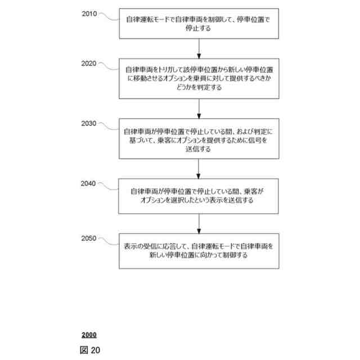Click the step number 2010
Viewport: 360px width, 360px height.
tap(89, 13)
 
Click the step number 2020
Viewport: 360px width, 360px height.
tap(89, 63)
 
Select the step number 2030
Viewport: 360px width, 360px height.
tap(89, 123)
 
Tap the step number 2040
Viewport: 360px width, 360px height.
tap(89, 183)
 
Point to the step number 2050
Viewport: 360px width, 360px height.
tap(89, 238)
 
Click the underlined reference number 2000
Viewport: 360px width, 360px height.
tap(88, 335)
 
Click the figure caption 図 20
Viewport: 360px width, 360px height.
tap(90, 350)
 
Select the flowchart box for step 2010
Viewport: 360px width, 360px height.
tap(199, 24)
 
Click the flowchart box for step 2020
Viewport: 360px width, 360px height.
tap(199, 78)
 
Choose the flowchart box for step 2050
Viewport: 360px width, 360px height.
tap(199, 250)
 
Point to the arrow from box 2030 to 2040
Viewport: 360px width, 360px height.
tap(199, 168)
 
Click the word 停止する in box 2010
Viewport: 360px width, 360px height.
tap(199, 28)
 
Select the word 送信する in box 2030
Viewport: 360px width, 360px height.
tap(199, 150)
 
